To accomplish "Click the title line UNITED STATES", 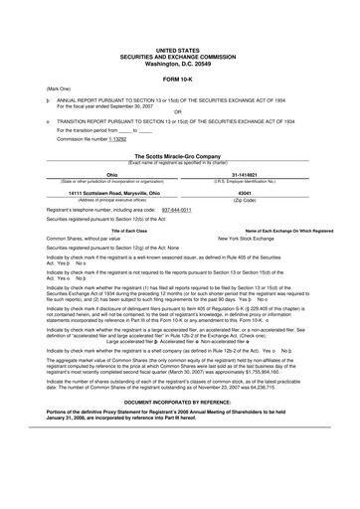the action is click(179, 48).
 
